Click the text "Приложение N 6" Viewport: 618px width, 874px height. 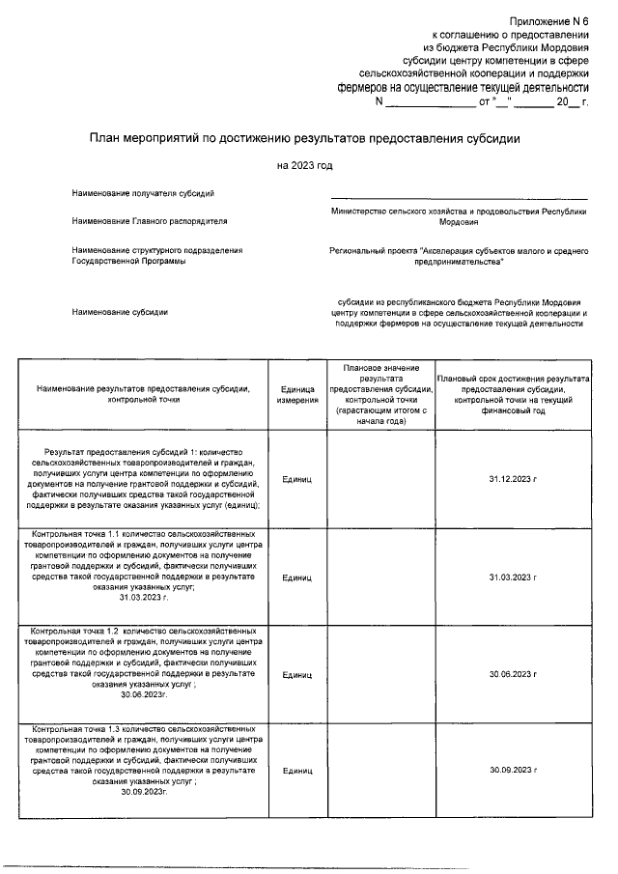click(x=548, y=20)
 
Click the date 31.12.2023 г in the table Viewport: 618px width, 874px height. click(x=512, y=478)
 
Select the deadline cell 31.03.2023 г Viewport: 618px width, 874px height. click(x=512, y=577)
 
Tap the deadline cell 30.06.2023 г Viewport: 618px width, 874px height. click(x=512, y=673)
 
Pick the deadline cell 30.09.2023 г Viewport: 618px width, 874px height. click(x=512, y=771)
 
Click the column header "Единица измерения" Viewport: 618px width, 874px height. click(x=296, y=393)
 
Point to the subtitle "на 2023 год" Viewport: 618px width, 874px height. click(x=304, y=166)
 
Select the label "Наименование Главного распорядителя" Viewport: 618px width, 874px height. click(x=149, y=221)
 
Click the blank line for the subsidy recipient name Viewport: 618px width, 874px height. click(x=459, y=197)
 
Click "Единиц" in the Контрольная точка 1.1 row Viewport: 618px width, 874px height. click(x=296, y=577)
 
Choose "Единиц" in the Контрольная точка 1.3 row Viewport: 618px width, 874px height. click(x=296, y=771)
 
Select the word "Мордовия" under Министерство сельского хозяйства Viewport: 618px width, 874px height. click(x=459, y=221)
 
